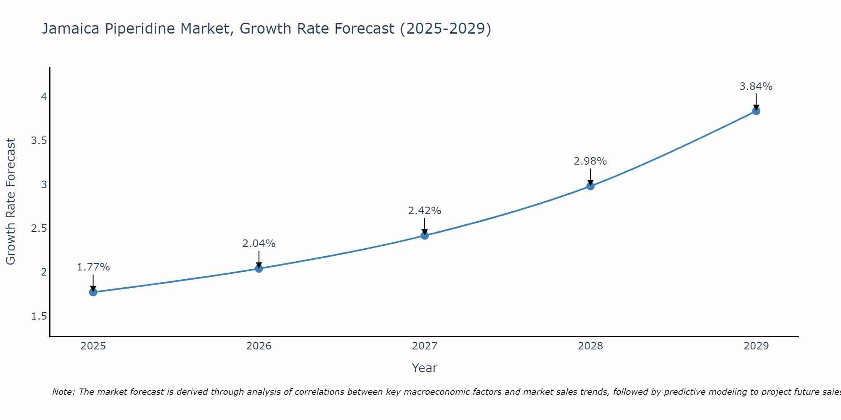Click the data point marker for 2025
[x=93, y=292]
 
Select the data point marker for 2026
[x=259, y=268]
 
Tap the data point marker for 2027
[x=425, y=236]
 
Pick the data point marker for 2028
[x=590, y=186]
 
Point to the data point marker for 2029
[x=756, y=111]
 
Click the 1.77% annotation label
[x=93, y=267]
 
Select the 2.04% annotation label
[x=259, y=244]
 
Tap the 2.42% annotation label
[x=425, y=211]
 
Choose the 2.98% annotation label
[x=590, y=161]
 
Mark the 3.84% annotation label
[x=756, y=87]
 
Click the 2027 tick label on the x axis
[x=425, y=346]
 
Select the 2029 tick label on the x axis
[x=756, y=346]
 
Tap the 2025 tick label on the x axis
[x=93, y=346]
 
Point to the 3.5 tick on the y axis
[x=39, y=141]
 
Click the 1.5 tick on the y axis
[x=39, y=316]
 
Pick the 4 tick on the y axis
[x=44, y=97]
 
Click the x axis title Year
[x=425, y=368]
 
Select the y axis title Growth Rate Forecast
[x=11, y=202]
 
